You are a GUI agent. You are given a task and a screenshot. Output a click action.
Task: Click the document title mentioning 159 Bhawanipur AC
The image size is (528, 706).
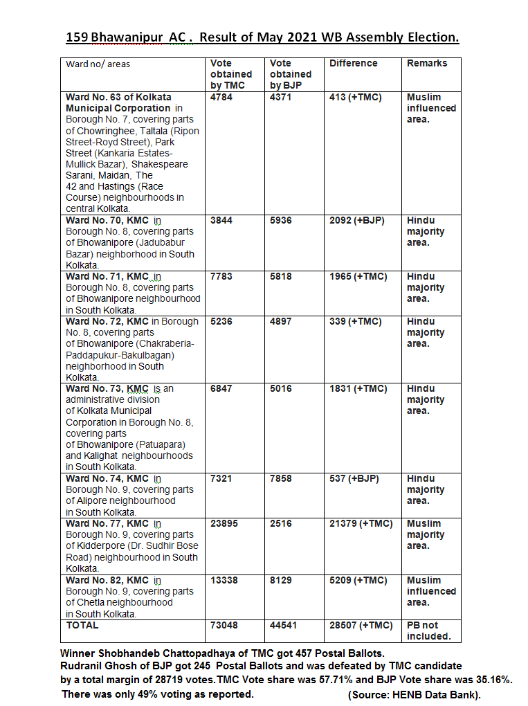pos(262,37)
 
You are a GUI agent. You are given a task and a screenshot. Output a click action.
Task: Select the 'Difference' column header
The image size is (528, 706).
pos(353,64)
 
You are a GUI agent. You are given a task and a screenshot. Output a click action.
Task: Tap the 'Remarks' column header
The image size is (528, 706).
pos(427,64)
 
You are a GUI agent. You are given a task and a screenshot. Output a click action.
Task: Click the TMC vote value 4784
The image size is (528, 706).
pos(221,98)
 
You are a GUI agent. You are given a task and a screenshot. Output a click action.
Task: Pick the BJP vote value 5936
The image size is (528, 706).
pos(281,221)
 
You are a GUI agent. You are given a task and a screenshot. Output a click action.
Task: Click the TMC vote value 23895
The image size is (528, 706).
pos(224,524)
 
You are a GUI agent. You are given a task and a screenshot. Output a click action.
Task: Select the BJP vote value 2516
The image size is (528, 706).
pos(281,524)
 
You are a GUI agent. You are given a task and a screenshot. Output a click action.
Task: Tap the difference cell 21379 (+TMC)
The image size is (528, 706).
pos(361,524)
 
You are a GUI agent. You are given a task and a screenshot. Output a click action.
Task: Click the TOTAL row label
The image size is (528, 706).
pos(82,626)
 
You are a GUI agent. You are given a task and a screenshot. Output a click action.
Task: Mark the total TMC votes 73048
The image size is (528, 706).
pos(224,626)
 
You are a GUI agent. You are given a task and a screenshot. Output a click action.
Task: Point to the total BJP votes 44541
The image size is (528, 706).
pos(284,626)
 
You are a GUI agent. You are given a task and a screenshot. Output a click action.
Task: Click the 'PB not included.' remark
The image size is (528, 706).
pos(428,631)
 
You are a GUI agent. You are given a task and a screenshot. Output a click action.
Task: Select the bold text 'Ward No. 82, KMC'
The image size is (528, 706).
pos(107,581)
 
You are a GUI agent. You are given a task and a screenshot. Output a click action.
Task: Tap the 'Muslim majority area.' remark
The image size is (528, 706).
pos(426,535)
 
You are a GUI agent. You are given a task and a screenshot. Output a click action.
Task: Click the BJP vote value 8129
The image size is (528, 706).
pos(281,581)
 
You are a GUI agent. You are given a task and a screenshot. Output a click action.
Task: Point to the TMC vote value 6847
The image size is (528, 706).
pos(221,389)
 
